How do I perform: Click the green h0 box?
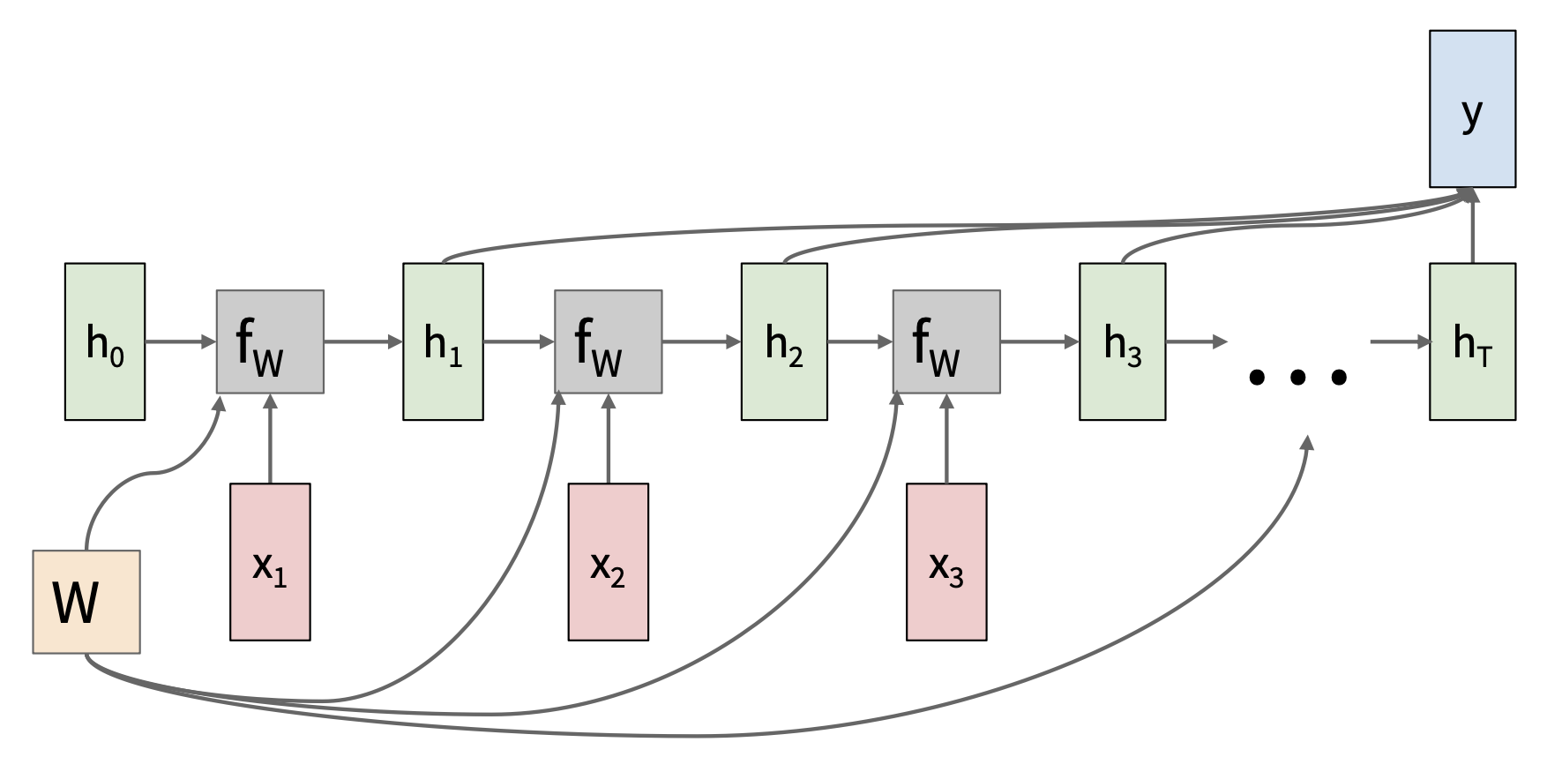click(105, 341)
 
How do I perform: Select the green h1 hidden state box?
click(443, 341)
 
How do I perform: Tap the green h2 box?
click(784, 341)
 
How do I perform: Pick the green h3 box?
click(1122, 341)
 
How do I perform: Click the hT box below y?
click(1472, 341)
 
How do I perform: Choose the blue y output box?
click(1472, 109)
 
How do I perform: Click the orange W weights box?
click(86, 602)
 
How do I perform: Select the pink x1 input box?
click(270, 561)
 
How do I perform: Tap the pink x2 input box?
click(608, 561)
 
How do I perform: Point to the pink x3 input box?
click(946, 561)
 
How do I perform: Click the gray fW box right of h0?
click(270, 341)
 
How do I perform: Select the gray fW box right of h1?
click(608, 341)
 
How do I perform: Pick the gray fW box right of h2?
click(946, 341)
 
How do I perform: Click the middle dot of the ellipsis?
click(1297, 378)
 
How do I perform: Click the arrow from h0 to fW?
click(180, 341)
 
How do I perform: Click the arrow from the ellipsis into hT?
click(1401, 341)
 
